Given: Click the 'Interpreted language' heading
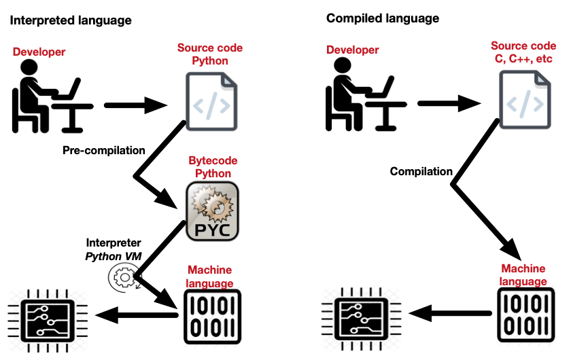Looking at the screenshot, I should tap(71, 20).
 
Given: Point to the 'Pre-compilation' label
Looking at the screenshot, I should tap(104, 150).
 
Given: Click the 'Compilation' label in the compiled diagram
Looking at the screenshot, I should tap(421, 172).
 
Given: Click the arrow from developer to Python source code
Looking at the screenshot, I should tap(136, 105).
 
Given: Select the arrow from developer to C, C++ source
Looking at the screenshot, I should tap(449, 105).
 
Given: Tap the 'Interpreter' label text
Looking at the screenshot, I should tap(114, 242).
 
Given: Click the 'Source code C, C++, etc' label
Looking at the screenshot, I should tap(522, 54).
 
